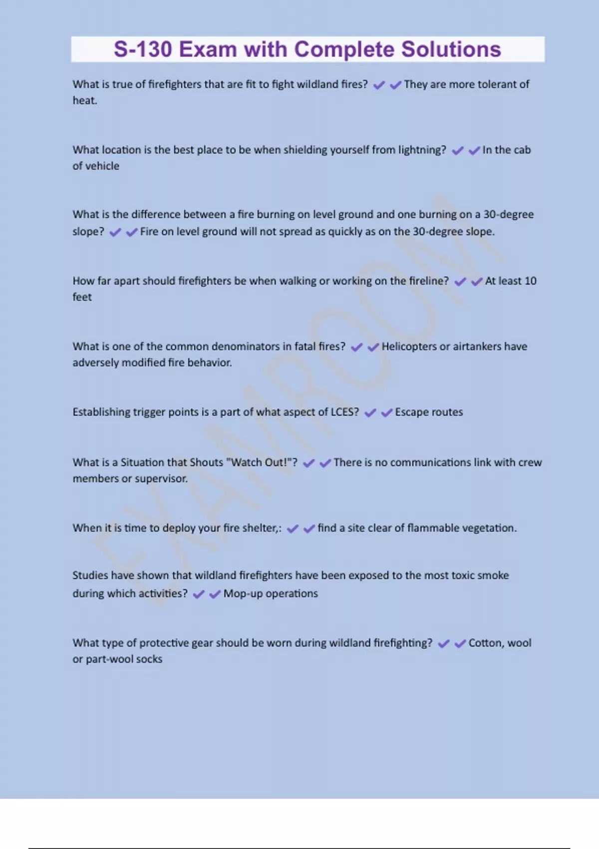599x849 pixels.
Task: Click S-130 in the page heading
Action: [143, 49]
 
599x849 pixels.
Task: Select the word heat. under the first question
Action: [85, 100]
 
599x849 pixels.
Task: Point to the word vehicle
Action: [103, 166]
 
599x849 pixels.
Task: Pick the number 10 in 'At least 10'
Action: [531, 281]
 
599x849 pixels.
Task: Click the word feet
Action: [82, 297]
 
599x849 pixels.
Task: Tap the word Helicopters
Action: [409, 347]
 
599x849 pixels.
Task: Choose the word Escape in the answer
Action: [411, 412]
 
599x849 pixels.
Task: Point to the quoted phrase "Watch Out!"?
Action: [262, 462]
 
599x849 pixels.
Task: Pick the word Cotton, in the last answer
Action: [486, 643]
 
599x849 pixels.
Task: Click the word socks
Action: [149, 659]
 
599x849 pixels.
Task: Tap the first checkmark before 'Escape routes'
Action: [370, 413]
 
